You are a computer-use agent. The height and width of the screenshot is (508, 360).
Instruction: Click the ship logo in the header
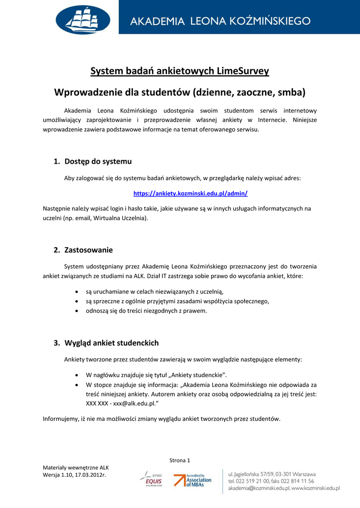pos(83,20)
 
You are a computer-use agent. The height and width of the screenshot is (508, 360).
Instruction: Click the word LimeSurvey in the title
pos(243,71)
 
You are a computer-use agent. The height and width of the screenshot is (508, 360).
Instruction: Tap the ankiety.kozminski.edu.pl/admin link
pos(190,193)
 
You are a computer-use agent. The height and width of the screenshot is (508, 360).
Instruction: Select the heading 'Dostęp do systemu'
pos(98,161)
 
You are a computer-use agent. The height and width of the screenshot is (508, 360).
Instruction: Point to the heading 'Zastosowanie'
pos(88,250)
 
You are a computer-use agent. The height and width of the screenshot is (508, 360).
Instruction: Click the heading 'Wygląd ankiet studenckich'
pos(111,343)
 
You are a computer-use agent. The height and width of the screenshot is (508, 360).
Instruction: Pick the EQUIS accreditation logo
pos(150,479)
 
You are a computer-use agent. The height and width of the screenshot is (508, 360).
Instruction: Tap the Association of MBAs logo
pos(193,480)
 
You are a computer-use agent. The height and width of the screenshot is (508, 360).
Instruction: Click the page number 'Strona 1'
pos(180,460)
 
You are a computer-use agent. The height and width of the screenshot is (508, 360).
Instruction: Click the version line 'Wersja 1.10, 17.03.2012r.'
pos(74,475)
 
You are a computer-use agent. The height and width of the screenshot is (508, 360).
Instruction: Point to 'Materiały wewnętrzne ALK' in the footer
pos(75,467)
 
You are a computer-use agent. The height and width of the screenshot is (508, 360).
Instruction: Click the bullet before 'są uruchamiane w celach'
pos(75,292)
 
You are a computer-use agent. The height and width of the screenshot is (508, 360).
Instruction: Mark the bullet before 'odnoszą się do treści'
pos(75,311)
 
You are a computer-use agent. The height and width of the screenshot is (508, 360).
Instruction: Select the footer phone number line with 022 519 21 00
pos(271,481)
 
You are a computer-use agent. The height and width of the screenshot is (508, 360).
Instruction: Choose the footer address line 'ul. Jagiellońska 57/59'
pos(272,474)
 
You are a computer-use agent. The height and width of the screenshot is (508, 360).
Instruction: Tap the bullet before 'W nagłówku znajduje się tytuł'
pos(75,375)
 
